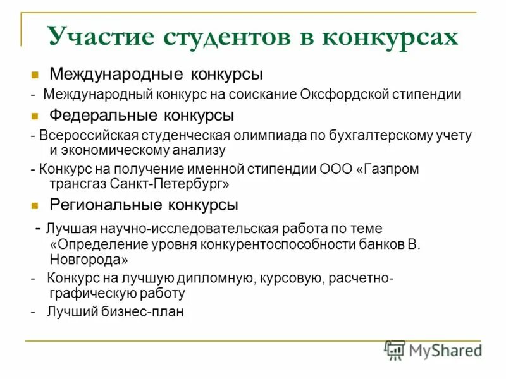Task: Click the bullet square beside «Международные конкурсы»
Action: tap(35, 75)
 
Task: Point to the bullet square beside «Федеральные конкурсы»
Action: tap(35, 116)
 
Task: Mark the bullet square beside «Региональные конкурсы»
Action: tap(35, 205)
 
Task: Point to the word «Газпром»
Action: tap(390, 169)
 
